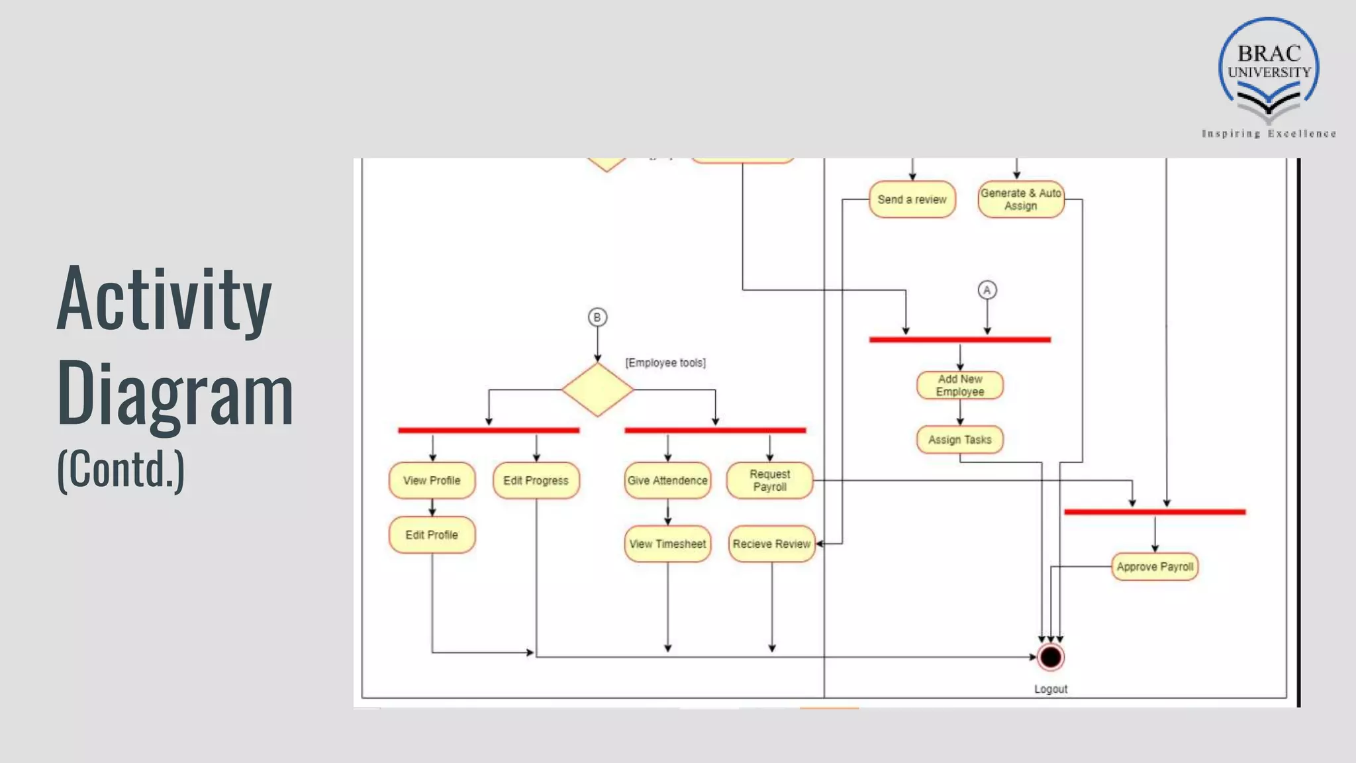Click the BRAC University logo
pos(1269,73)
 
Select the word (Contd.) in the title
pos(121,469)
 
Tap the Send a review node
pos(912,199)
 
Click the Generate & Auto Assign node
pos(1020,199)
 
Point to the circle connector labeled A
pos(987,290)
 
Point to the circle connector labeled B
pos(597,317)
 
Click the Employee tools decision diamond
pos(597,389)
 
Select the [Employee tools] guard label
pos(665,363)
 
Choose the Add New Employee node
pos(959,385)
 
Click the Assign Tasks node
pos(959,440)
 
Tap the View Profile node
pos(432,480)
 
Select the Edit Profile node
pos(432,534)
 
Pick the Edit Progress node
pos(536,480)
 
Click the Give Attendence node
pos(667,480)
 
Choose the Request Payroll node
pos(769,480)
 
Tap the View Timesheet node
pos(667,544)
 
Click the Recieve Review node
pos(771,544)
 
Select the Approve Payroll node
pos(1155,567)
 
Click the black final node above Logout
pos(1051,657)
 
